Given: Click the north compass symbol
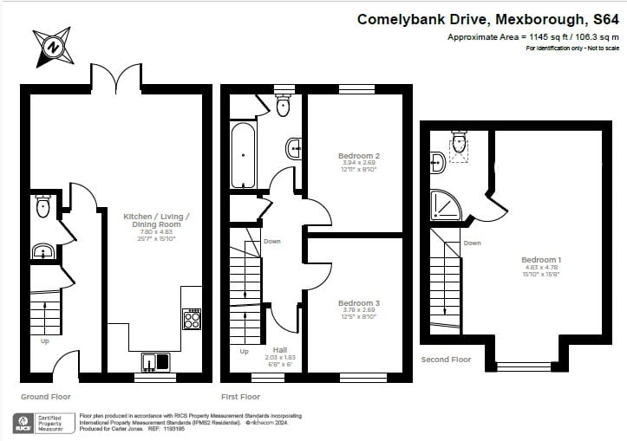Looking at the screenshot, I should (x=54, y=46).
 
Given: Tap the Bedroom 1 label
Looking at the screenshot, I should (x=541, y=260).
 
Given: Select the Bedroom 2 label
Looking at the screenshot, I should (x=358, y=156).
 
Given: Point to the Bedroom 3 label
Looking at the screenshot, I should (x=358, y=303).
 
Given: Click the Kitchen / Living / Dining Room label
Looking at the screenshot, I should (x=157, y=220).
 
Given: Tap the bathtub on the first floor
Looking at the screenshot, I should (x=243, y=154).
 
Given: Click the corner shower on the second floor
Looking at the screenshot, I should (x=447, y=204).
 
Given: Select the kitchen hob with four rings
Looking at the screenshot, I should (x=192, y=320).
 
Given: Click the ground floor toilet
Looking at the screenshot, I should (x=43, y=206).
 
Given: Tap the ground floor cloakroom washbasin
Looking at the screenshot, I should (x=42, y=252).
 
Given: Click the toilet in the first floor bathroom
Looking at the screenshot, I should (x=283, y=105).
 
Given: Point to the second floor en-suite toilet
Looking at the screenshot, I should (x=459, y=141).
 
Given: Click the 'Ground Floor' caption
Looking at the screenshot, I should (x=45, y=397).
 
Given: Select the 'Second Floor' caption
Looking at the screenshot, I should (x=446, y=359).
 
